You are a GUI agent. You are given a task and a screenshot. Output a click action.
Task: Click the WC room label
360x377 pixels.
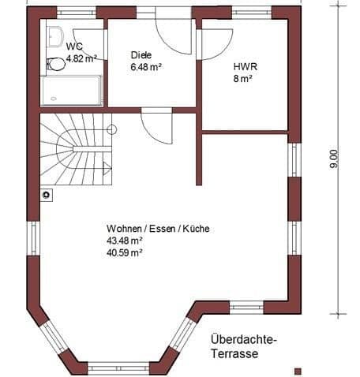point(74,47)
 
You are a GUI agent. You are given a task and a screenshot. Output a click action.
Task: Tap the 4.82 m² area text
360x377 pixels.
point(81,58)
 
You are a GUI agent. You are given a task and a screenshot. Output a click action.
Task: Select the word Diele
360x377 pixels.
point(141,55)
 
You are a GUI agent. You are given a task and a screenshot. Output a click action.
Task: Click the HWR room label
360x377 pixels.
point(242,67)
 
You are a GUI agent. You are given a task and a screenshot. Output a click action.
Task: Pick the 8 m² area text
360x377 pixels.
point(242,79)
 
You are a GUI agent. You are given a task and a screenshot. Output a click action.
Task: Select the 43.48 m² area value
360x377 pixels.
point(125,241)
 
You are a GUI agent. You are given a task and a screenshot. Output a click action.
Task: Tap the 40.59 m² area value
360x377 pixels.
point(125,252)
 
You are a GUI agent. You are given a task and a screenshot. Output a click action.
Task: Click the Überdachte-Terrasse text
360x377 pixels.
point(244,346)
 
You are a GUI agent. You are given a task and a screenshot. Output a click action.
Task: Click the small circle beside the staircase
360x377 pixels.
point(112,128)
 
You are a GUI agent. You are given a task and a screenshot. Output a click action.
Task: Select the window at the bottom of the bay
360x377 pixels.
point(119,367)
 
